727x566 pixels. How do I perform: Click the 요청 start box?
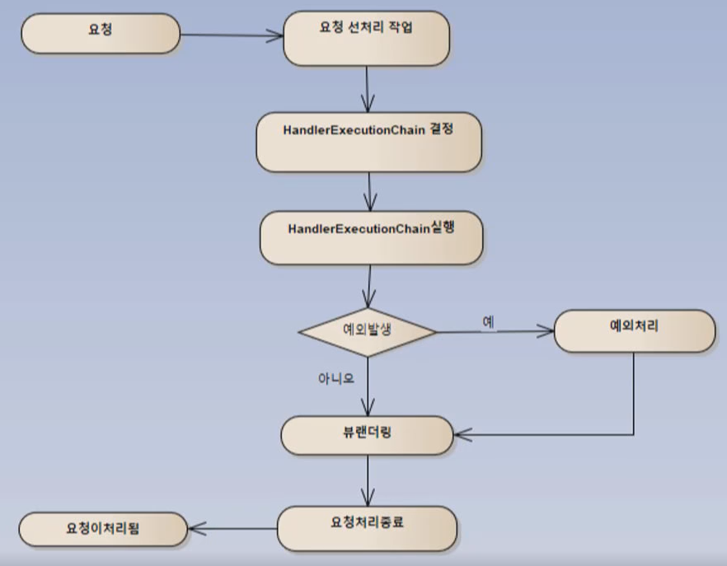pyautogui.click(x=101, y=34)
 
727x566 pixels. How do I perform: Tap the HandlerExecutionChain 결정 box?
pyautogui.click(x=368, y=141)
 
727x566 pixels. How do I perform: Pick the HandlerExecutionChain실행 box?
pyautogui.click(x=371, y=236)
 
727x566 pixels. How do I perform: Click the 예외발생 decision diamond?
pyautogui.click(x=368, y=331)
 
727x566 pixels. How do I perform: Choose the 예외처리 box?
pyautogui.click(x=634, y=330)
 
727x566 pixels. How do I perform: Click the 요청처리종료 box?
pyautogui.click(x=367, y=527)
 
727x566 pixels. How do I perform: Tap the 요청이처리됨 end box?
pyautogui.click(x=103, y=529)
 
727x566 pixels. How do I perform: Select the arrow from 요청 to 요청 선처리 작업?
pyautogui.click(x=231, y=35)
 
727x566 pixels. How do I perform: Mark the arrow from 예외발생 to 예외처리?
pyautogui.click(x=495, y=332)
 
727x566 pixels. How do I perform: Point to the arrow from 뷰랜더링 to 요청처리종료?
pyautogui.click(x=368, y=481)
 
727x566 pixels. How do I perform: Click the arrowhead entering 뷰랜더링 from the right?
pyautogui.click(x=463, y=433)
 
